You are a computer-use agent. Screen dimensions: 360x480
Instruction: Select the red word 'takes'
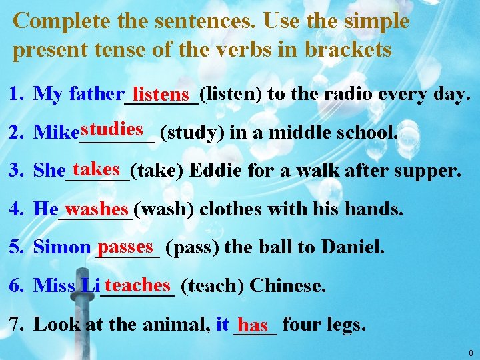pos(97,168)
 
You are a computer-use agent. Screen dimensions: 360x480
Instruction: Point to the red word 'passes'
pos(129,246)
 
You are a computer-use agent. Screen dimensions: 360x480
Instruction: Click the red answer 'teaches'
pos(137,285)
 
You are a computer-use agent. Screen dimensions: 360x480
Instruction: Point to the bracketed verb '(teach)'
pos(212,286)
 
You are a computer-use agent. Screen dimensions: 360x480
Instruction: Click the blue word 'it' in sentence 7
pos(223,325)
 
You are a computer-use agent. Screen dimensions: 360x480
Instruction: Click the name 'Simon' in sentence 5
pos(61,247)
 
